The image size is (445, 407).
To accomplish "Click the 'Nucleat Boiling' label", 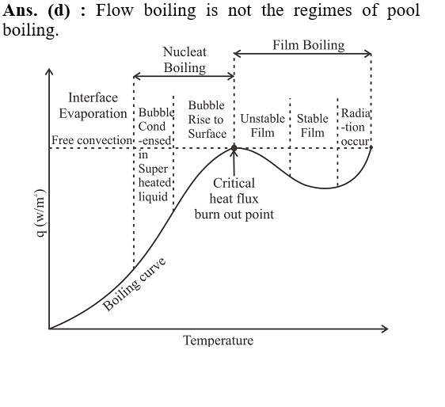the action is (x=184, y=60).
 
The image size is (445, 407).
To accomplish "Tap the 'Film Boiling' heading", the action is (x=309, y=45).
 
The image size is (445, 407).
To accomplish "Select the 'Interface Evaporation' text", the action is (x=93, y=105).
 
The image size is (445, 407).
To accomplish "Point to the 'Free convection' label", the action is (x=92, y=140).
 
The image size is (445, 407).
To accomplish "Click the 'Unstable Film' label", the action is (x=263, y=125).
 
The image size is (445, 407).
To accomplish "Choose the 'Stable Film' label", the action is (x=313, y=125).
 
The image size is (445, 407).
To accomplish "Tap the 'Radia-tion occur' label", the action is (x=356, y=127).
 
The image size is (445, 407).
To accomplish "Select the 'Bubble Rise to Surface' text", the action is (x=207, y=120).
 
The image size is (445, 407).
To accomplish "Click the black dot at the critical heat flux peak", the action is (x=234, y=148).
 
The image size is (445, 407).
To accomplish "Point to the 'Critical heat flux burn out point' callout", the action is (x=234, y=199).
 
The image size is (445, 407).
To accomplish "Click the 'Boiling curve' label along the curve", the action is (x=134, y=284).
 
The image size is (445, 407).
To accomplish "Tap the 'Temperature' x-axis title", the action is (x=218, y=340).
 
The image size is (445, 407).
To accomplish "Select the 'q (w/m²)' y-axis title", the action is (x=40, y=213).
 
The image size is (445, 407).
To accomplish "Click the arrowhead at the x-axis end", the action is (x=385, y=329).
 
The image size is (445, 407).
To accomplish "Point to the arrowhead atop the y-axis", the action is (x=49, y=71).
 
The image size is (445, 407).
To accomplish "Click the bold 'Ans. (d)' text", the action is (x=36, y=11).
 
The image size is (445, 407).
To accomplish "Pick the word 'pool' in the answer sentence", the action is (x=403, y=11).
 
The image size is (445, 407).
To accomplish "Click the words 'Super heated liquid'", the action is (x=154, y=183).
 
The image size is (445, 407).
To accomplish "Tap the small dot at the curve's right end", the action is (x=371, y=147).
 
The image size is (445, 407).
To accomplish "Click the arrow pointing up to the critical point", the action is (x=234, y=162).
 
